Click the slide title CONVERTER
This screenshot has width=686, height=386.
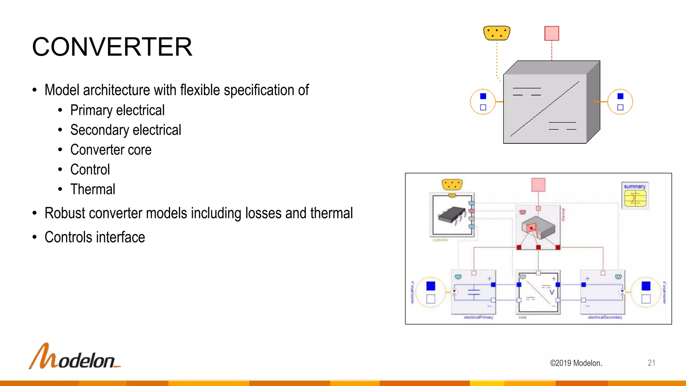[x=112, y=47]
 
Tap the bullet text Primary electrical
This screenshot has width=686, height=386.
[x=117, y=110]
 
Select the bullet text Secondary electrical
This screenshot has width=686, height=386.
[x=126, y=130]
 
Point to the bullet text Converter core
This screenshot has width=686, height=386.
[x=111, y=150]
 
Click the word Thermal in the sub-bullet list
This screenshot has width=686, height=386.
[x=93, y=189]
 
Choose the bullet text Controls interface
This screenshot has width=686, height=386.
[x=95, y=237]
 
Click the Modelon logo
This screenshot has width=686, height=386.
[x=74, y=357]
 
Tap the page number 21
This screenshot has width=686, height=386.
[x=651, y=363]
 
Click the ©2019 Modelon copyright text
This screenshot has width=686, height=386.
[x=576, y=363]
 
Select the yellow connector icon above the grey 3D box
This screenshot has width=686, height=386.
[x=497, y=33]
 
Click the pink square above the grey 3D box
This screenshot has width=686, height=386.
[x=552, y=33]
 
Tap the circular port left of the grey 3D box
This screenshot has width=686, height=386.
[x=483, y=102]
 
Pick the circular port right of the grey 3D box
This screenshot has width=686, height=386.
[x=620, y=102]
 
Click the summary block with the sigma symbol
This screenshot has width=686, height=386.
[x=635, y=196]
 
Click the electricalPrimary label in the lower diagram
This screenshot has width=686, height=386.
[x=478, y=317]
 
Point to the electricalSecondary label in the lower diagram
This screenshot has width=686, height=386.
[x=605, y=317]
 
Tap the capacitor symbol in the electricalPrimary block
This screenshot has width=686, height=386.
[x=474, y=292]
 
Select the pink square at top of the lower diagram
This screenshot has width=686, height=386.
[x=538, y=185]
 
